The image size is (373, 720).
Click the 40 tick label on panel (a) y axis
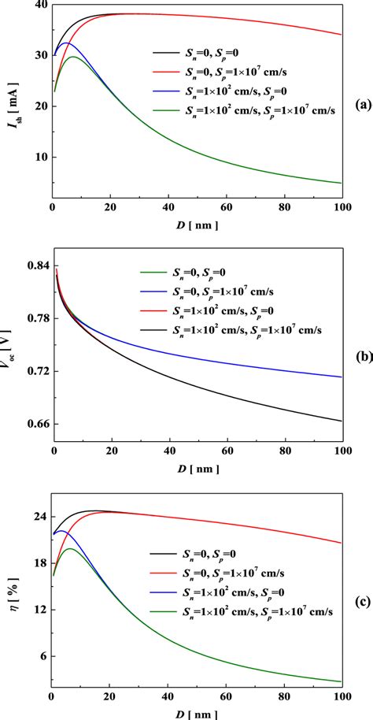42,4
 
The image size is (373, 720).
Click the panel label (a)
363,105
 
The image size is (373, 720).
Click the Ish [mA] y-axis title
17,105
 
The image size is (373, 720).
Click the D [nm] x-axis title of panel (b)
198,469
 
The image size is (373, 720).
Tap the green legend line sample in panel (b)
153,273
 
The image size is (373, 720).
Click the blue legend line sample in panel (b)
153,291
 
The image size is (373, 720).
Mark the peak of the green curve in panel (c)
70,549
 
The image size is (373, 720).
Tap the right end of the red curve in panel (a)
342,35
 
